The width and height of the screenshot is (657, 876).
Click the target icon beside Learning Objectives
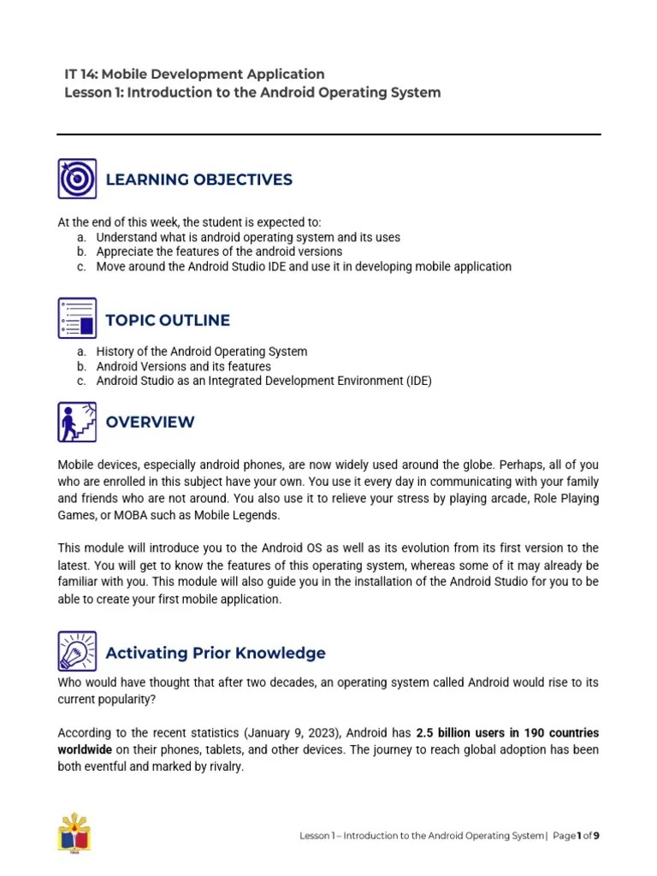point(77,179)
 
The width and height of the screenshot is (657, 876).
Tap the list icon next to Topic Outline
point(77,319)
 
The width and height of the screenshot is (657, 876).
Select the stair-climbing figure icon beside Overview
point(77,422)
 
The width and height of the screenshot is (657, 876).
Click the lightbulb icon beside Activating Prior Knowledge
point(77,652)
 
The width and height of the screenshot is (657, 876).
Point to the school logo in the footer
point(74,832)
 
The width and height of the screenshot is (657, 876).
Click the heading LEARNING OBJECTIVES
point(198,180)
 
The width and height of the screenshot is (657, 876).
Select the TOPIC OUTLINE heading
point(168,320)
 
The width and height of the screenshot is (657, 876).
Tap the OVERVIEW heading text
point(150,422)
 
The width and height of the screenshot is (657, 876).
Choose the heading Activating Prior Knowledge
point(215,653)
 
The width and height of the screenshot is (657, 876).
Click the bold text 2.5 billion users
point(462,734)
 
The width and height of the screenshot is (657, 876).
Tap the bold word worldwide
point(85,750)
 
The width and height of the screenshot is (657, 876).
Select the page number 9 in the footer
point(596,836)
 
